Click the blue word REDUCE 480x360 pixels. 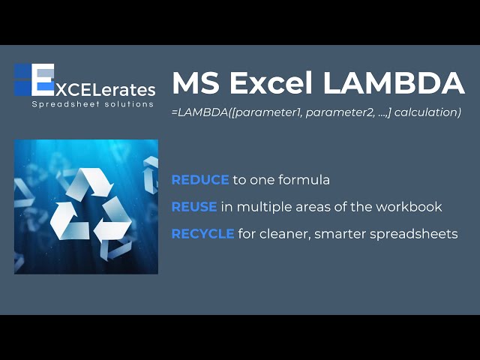coord(200,180)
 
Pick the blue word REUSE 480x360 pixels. coord(194,207)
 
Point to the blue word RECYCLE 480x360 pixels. coord(203,234)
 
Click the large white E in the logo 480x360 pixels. coord(43,80)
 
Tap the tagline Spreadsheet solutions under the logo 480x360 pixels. coord(93,104)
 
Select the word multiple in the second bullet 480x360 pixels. coord(261,207)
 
